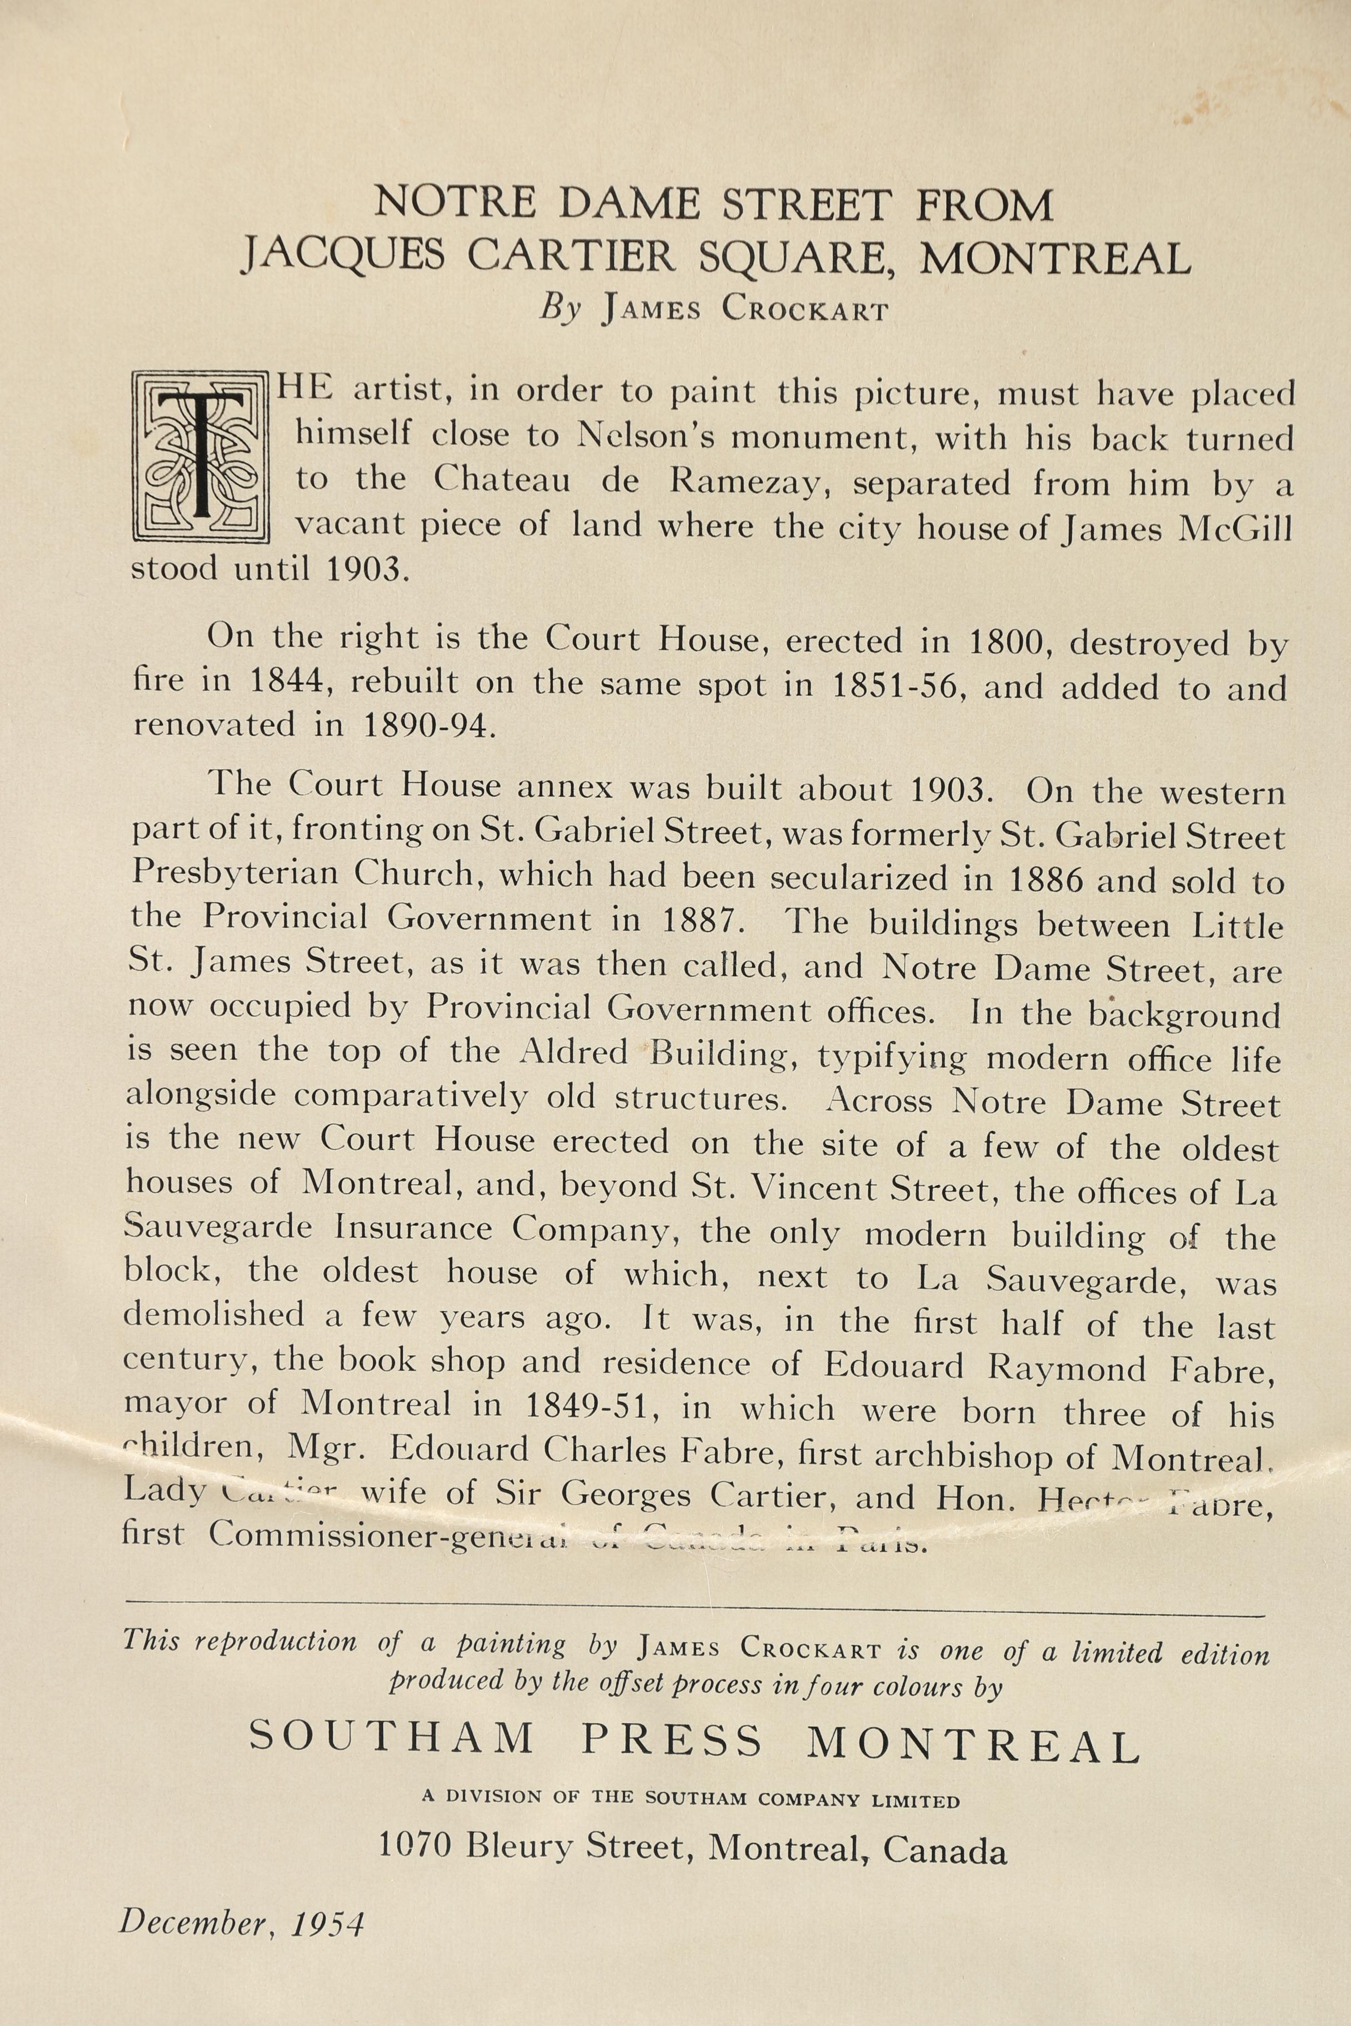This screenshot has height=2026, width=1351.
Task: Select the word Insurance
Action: click(x=413, y=1228)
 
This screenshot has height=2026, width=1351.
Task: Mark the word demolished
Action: click(x=214, y=1315)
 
